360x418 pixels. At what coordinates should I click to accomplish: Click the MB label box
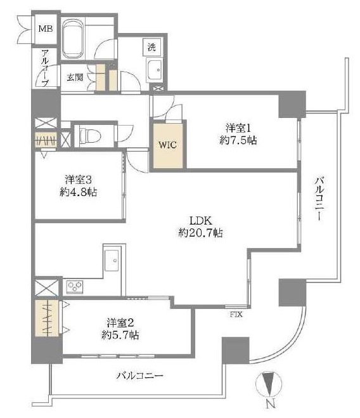[x=46, y=29]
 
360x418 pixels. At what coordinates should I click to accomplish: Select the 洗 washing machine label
[x=152, y=46]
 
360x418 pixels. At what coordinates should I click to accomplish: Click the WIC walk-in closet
[x=168, y=144]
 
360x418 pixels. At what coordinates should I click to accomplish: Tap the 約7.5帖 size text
[x=239, y=140]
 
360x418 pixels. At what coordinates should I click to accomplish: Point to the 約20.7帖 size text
[x=201, y=233]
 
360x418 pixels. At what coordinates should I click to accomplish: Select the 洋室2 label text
[x=120, y=322]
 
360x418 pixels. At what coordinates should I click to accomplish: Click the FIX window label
[x=236, y=313]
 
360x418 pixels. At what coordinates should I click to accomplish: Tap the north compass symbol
[x=270, y=387]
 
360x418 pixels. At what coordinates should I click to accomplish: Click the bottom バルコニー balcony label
[x=141, y=376]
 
